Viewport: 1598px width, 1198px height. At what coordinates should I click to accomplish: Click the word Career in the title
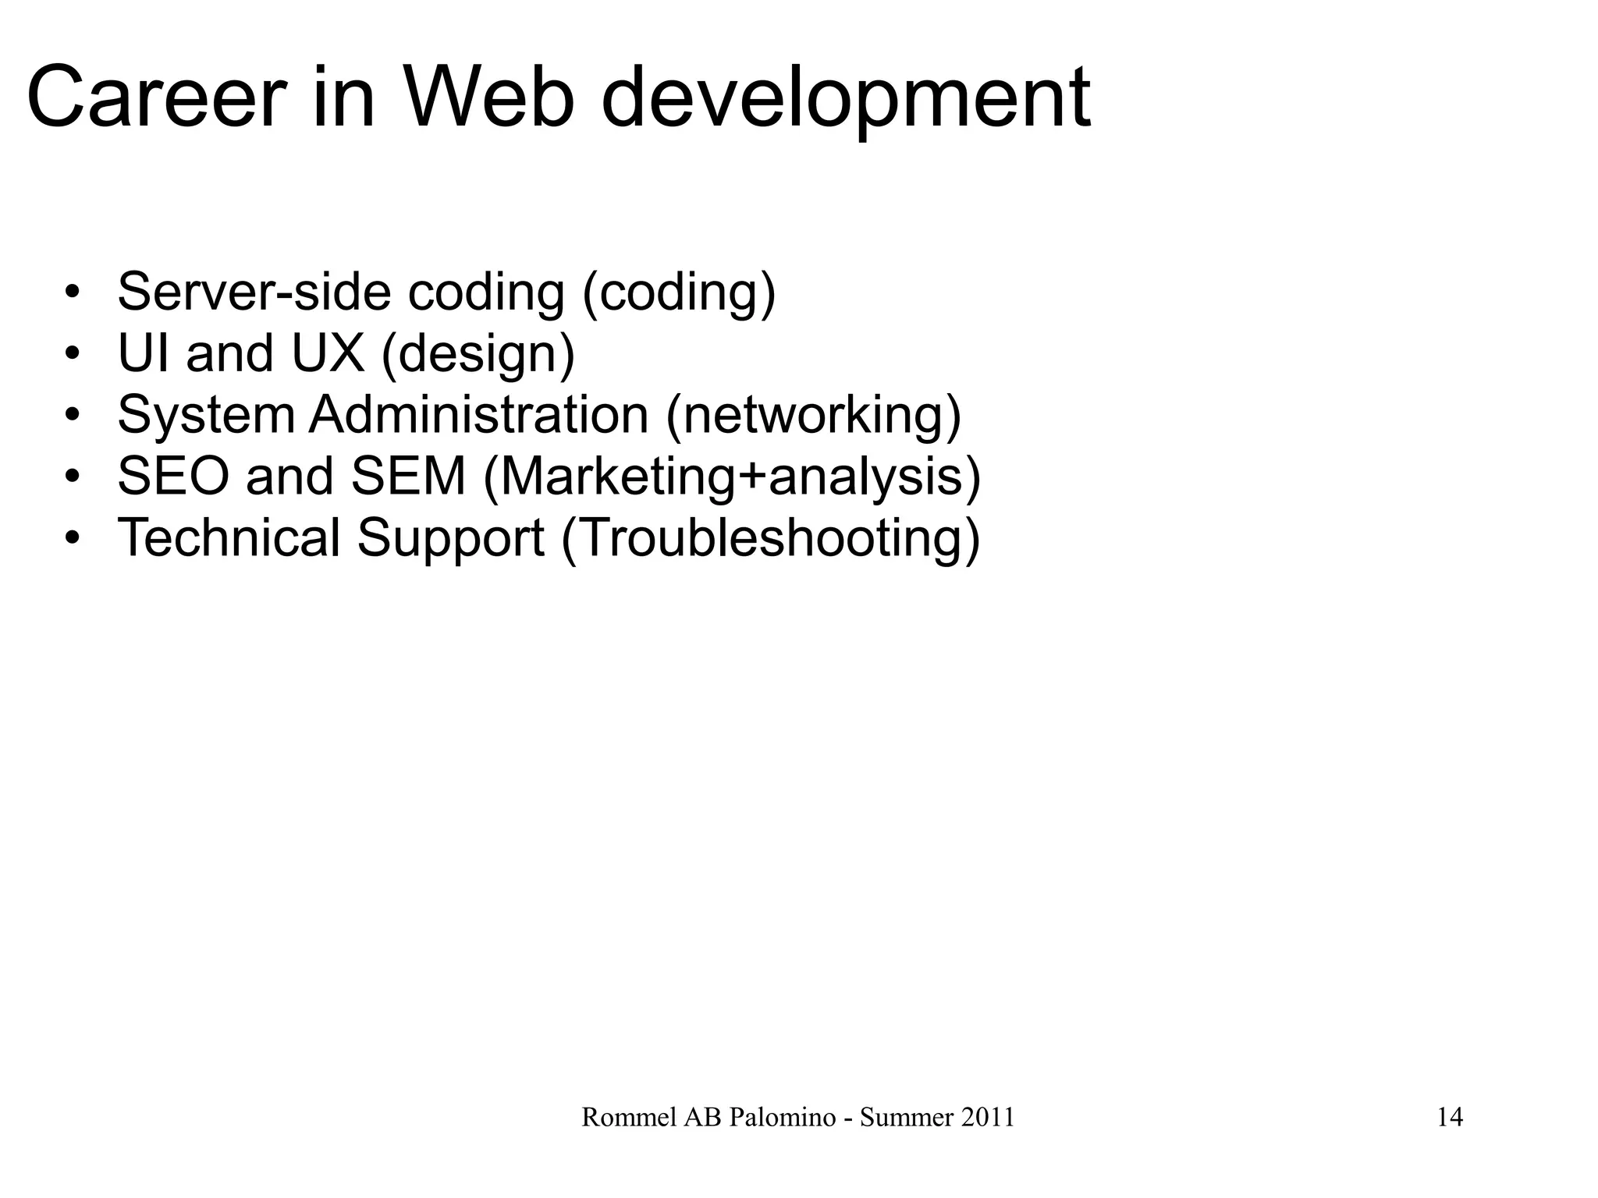point(153,99)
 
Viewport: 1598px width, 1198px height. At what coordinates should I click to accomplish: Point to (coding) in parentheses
point(679,293)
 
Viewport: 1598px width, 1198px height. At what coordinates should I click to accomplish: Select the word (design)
point(478,355)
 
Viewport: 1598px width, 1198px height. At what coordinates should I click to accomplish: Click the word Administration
point(478,415)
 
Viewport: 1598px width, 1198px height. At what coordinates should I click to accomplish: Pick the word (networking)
point(813,416)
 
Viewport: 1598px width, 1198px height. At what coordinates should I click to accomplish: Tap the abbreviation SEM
point(408,477)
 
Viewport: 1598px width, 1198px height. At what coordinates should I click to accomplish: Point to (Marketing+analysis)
point(732,478)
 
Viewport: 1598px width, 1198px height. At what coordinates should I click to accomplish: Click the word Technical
point(229,538)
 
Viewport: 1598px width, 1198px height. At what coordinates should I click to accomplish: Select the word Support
point(450,540)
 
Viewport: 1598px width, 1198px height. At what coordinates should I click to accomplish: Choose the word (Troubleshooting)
point(770,540)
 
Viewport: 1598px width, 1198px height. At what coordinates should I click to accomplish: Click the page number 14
point(1450,1118)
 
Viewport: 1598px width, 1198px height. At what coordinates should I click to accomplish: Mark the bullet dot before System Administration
point(73,416)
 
